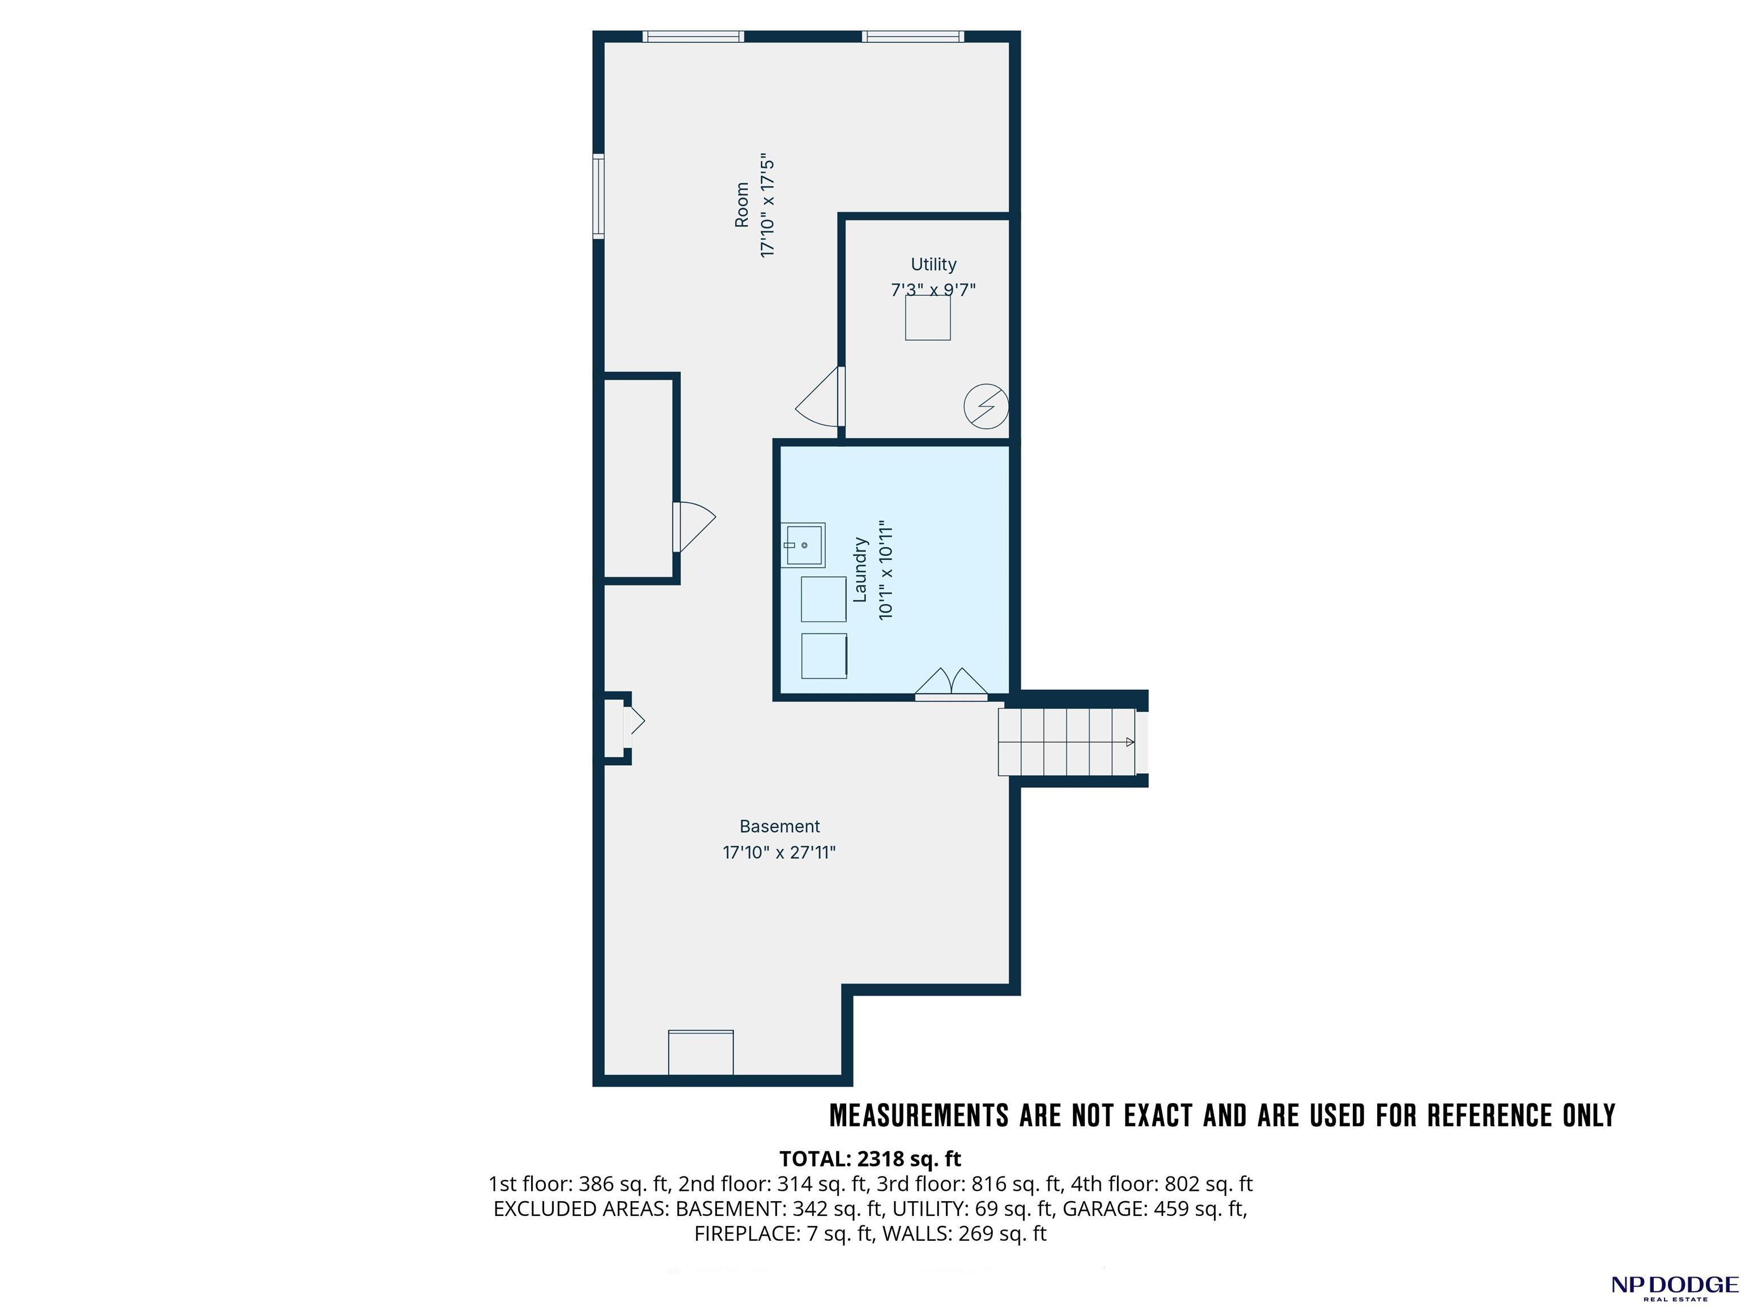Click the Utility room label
tap(933, 265)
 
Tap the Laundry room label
tap(860, 570)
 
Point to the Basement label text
tap(779, 826)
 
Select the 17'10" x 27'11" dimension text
tap(779, 853)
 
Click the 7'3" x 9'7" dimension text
tap(933, 290)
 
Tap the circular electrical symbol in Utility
tap(986, 406)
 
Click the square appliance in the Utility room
tap(928, 317)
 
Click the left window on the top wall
tap(693, 36)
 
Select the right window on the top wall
tap(913, 36)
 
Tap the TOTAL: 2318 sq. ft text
tap(870, 1159)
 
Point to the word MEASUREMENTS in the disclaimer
tap(919, 1116)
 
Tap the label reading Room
tap(741, 205)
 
